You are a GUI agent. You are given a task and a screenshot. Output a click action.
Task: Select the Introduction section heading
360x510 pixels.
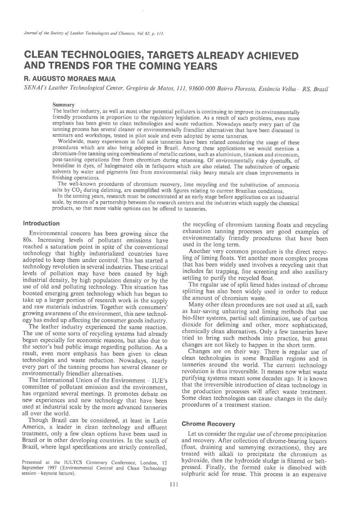click(x=41, y=223)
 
